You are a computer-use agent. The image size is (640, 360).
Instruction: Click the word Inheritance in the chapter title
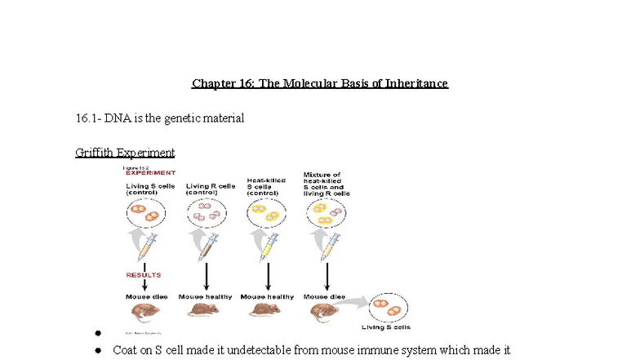pos(413,84)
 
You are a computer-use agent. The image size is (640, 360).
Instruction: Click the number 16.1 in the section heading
pos(86,118)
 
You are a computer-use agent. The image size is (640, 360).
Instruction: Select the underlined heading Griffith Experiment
pos(125,153)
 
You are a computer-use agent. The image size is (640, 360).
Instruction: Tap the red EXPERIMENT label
pos(149,173)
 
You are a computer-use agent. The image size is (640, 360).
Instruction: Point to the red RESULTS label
pos(144,275)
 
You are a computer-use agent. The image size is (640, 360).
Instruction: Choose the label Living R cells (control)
pos(210,189)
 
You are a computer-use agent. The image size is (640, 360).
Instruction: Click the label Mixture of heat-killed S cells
pos(326,184)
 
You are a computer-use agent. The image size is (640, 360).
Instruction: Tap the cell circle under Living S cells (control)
pos(144,214)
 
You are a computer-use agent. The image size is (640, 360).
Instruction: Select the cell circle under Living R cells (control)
pos(206,214)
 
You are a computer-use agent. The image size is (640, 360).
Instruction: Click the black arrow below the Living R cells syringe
pos(207,276)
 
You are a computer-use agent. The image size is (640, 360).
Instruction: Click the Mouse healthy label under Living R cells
pos(205,296)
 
